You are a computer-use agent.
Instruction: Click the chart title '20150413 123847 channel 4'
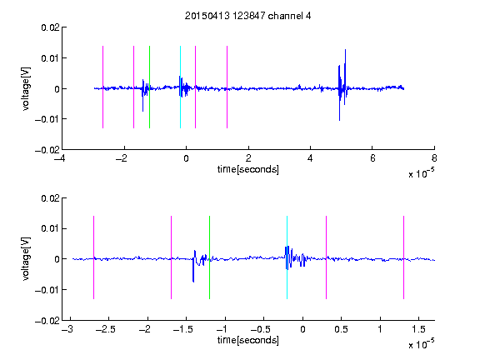click(247, 16)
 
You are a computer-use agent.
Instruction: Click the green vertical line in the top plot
click(149, 87)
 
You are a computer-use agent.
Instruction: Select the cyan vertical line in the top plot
click(180, 87)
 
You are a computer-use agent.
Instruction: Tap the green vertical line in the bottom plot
click(209, 257)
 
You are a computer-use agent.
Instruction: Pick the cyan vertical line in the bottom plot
click(287, 257)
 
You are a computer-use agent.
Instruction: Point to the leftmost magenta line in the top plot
click(102, 87)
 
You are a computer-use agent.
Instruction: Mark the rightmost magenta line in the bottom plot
click(404, 257)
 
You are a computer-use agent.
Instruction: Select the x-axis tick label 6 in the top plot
click(372, 158)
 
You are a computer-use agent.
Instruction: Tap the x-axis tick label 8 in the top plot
click(434, 158)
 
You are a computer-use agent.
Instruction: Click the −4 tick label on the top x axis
click(60, 158)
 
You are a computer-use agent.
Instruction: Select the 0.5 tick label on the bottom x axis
click(341, 329)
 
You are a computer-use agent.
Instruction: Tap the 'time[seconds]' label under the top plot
click(248, 169)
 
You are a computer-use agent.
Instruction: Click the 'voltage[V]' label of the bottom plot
click(26, 259)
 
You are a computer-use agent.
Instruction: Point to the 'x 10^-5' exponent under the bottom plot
click(421, 344)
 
